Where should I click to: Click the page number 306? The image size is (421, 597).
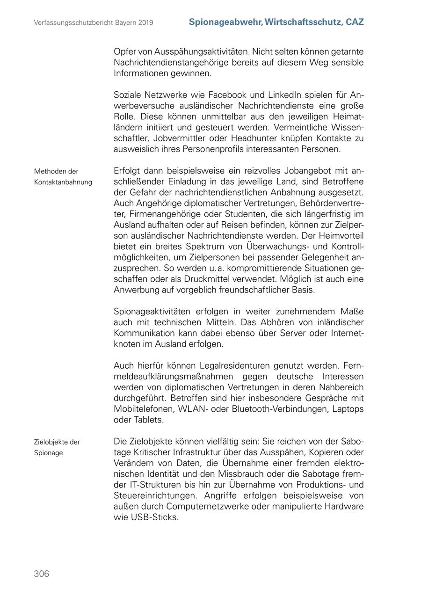click(x=41, y=574)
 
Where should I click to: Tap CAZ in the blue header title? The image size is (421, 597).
click(x=355, y=22)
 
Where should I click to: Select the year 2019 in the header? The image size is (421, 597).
click(x=146, y=22)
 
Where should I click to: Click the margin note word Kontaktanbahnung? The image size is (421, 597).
click(x=63, y=182)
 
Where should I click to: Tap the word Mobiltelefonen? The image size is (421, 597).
click(x=144, y=409)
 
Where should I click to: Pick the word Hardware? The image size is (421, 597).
click(x=344, y=507)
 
